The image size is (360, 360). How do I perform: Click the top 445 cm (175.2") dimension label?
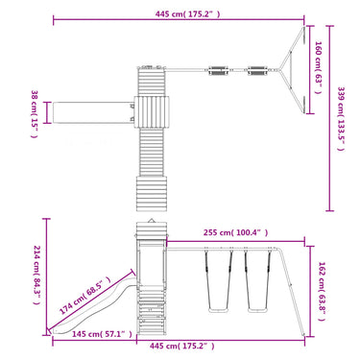(x=187, y=14)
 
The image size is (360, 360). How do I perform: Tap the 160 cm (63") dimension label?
(x=318, y=67)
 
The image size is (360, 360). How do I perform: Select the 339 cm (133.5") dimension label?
(x=340, y=119)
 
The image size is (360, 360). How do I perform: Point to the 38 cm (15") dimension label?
(x=35, y=113)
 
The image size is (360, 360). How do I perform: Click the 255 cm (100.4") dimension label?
(x=236, y=232)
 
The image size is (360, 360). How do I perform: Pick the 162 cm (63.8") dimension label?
(x=322, y=292)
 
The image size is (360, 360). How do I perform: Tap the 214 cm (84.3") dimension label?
(x=36, y=275)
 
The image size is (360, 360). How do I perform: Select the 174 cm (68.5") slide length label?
(x=84, y=295)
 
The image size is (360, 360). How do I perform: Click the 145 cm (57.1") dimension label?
(x=102, y=334)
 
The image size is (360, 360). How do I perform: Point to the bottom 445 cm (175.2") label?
(x=182, y=346)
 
